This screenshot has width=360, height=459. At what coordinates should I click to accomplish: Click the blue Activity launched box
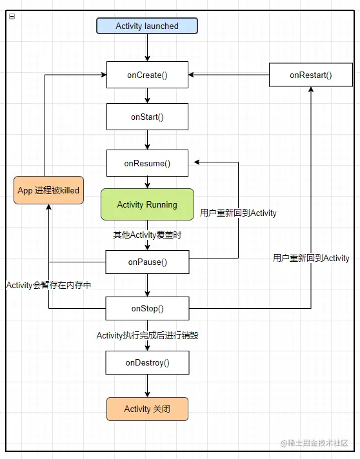pos(147,26)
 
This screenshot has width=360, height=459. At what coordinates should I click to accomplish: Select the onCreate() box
pos(147,75)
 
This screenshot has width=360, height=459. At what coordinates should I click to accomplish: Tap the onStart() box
pos(147,117)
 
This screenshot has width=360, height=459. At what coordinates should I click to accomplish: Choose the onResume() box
pos(147,163)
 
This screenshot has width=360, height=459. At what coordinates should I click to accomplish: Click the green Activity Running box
pos(147,204)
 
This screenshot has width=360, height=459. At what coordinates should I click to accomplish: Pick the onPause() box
pos(147,262)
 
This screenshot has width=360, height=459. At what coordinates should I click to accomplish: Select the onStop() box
pos(147,308)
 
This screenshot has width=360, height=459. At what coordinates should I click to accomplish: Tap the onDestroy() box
pos(147,362)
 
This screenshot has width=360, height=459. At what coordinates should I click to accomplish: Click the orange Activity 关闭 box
pos(147,409)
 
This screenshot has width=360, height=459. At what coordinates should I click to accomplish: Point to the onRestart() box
pos(311,75)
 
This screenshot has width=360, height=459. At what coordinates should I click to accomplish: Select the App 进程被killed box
pos(48,190)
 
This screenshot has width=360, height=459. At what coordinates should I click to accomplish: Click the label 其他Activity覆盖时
pos(147,235)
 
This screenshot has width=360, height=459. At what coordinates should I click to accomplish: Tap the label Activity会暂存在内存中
pos(48,285)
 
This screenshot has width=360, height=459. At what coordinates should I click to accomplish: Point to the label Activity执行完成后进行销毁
pos(147,335)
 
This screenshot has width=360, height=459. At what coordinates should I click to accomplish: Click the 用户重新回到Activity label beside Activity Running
pos(238,213)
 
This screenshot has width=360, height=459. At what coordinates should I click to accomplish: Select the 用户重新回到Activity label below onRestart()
pos(311,258)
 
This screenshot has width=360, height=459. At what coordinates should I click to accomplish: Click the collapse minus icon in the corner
pos(12,16)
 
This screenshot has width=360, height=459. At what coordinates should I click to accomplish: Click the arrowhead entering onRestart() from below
pos(311,89)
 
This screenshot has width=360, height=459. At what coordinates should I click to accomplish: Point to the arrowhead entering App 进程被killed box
pos(48,207)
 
